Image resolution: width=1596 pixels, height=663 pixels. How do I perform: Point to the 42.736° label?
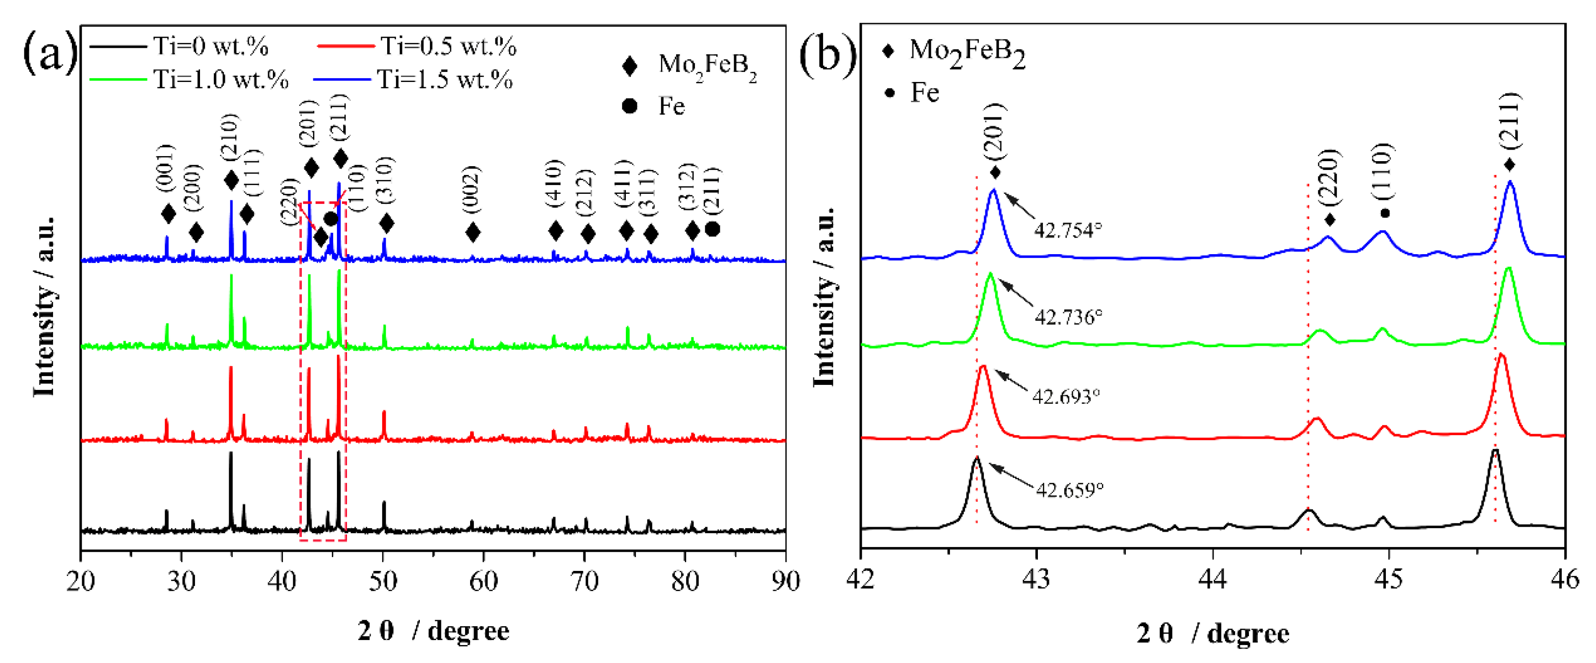1068,317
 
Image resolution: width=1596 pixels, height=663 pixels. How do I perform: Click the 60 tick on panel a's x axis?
483,581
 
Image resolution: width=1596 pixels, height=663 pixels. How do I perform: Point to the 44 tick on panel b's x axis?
1213,579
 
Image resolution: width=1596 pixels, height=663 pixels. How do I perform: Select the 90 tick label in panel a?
785,581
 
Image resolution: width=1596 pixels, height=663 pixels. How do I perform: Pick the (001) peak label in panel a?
166,167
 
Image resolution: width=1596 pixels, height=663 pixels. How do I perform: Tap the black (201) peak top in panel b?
977,459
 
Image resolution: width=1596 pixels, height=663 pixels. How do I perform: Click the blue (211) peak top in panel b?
1510,183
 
